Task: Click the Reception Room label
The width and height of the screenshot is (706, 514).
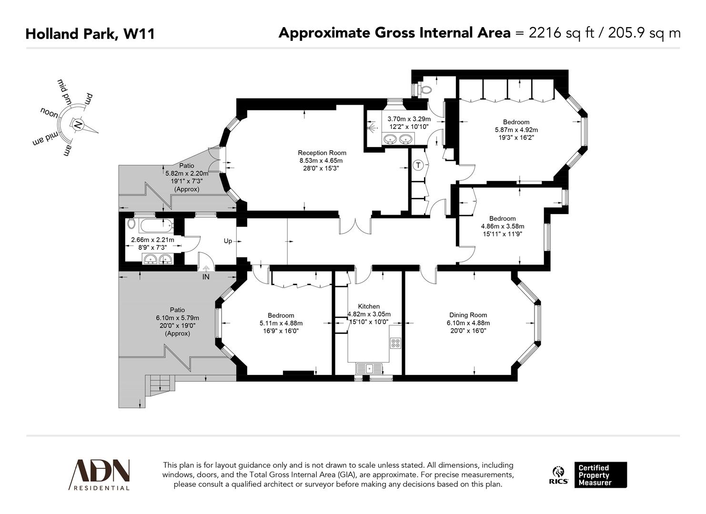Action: point(322,153)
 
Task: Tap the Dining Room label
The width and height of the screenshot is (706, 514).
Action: point(468,315)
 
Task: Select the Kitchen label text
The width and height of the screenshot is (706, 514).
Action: point(369,306)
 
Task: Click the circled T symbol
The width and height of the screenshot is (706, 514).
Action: point(418,165)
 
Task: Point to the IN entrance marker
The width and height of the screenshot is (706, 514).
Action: point(206,277)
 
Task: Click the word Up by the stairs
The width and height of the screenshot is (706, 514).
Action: point(228,241)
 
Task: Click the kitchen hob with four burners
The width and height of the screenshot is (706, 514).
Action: point(396,343)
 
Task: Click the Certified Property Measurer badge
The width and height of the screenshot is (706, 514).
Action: point(600,475)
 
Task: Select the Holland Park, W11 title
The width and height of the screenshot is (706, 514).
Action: point(90,34)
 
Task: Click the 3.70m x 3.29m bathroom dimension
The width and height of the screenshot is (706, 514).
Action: point(409,119)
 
